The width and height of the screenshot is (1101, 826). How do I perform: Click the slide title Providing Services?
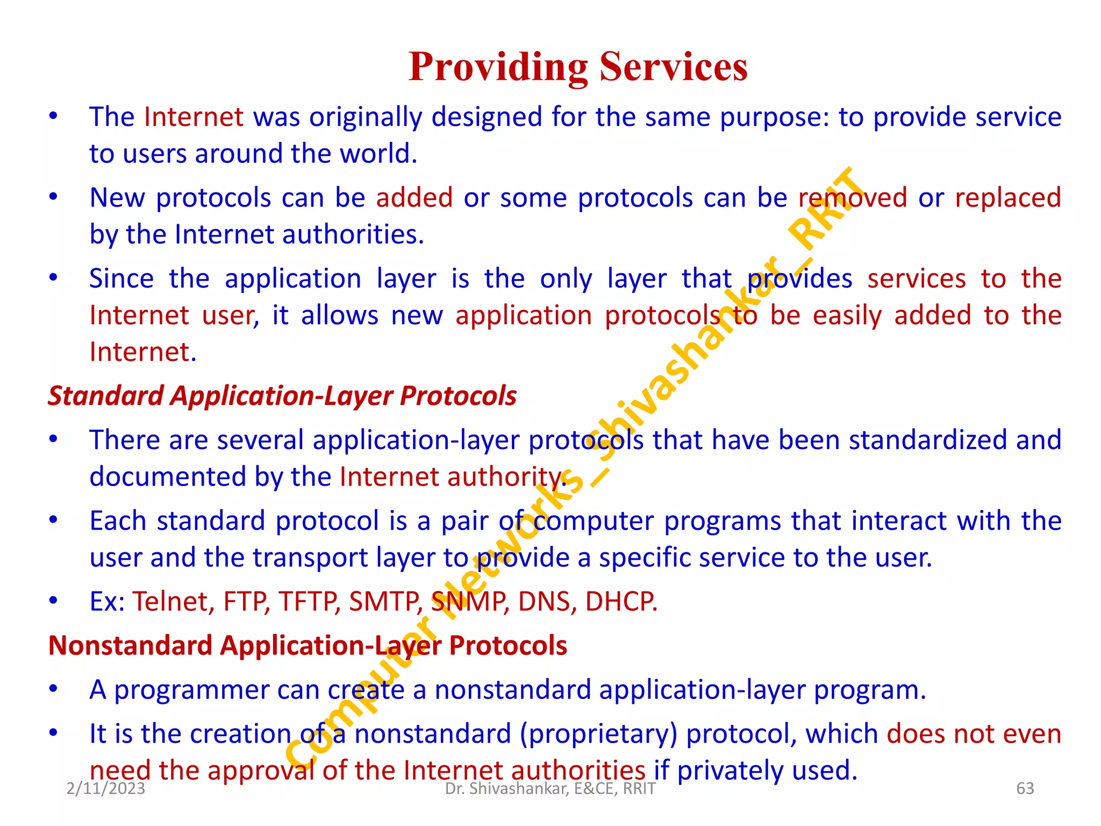578,67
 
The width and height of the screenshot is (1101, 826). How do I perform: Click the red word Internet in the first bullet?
194,117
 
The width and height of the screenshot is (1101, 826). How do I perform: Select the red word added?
414,198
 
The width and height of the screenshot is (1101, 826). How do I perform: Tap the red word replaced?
1007,198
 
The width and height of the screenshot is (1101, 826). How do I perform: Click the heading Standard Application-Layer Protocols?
282,396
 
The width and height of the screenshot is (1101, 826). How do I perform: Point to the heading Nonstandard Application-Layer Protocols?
308,645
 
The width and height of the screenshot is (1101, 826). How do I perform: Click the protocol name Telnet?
173,601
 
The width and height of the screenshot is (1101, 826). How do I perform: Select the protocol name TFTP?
309,601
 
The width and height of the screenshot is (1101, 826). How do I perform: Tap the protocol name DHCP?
621,601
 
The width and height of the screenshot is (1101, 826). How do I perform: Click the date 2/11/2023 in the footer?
106,788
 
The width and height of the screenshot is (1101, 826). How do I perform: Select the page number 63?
1025,788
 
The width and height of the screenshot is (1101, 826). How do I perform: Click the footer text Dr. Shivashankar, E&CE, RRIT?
550,788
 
